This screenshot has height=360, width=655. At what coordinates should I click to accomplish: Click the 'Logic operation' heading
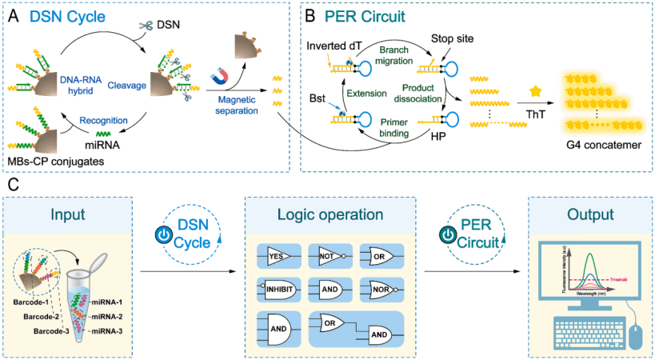329,215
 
